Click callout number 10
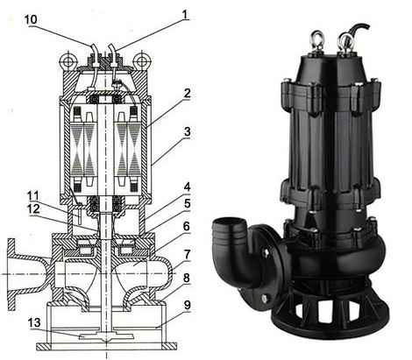click(x=31, y=19)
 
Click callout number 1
click(x=185, y=15)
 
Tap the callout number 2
click(x=187, y=94)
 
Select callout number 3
click(x=187, y=132)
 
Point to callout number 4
click(x=187, y=187)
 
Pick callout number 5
click(x=187, y=204)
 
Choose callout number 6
click(x=187, y=226)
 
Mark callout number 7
click(x=187, y=255)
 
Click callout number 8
click(x=187, y=279)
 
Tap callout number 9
click(x=187, y=305)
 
